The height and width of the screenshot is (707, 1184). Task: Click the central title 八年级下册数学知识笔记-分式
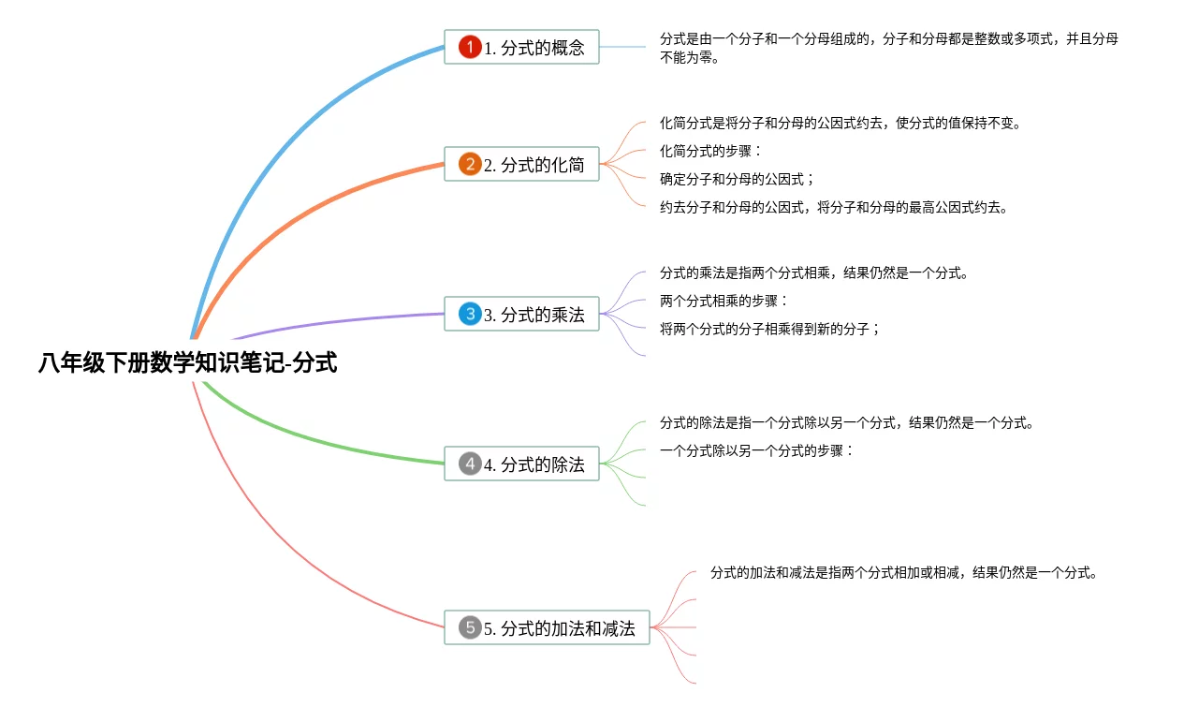click(187, 363)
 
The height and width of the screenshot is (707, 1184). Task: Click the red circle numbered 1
click(470, 47)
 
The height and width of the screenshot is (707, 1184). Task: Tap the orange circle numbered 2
click(470, 165)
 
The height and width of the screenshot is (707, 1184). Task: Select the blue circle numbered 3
click(470, 315)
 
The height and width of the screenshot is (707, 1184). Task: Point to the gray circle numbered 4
click(470, 464)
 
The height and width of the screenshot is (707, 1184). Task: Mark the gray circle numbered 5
click(470, 627)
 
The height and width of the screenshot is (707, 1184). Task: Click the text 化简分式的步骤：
click(711, 151)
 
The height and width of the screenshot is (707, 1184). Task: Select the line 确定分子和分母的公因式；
click(738, 179)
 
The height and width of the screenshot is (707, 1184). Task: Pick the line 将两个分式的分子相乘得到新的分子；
click(770, 329)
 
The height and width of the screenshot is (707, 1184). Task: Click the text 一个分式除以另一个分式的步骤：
click(757, 450)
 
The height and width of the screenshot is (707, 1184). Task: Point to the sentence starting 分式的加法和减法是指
click(903, 572)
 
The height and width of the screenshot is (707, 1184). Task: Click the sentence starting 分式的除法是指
click(847, 422)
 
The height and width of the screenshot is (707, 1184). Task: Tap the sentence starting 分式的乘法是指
click(813, 273)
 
